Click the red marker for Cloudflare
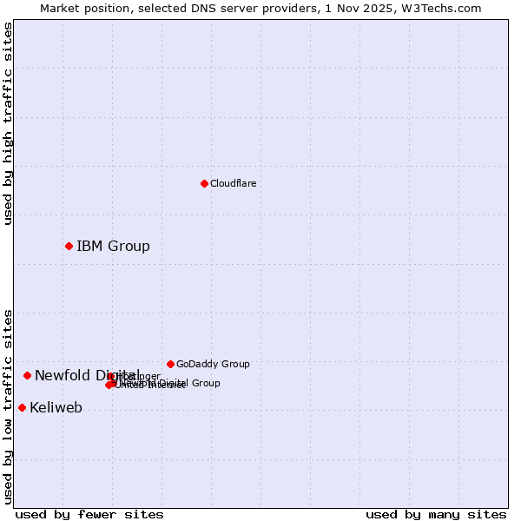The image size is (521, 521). (x=204, y=183)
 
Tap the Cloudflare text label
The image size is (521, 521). (x=234, y=184)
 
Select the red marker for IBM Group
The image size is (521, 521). (x=69, y=246)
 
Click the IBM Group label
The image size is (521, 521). (x=113, y=247)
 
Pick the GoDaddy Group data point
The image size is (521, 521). (x=170, y=364)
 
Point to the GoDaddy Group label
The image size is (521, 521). (x=213, y=365)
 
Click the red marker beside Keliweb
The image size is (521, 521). (x=22, y=407)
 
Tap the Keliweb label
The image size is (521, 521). (x=56, y=408)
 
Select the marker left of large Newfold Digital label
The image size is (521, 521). (x=27, y=375)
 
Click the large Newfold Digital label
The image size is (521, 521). (x=87, y=375)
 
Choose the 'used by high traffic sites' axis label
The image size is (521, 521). (x=9, y=123)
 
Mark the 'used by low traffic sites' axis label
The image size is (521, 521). (x=9, y=406)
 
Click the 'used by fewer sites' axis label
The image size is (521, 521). (x=89, y=514)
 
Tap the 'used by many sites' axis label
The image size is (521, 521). (x=436, y=514)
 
